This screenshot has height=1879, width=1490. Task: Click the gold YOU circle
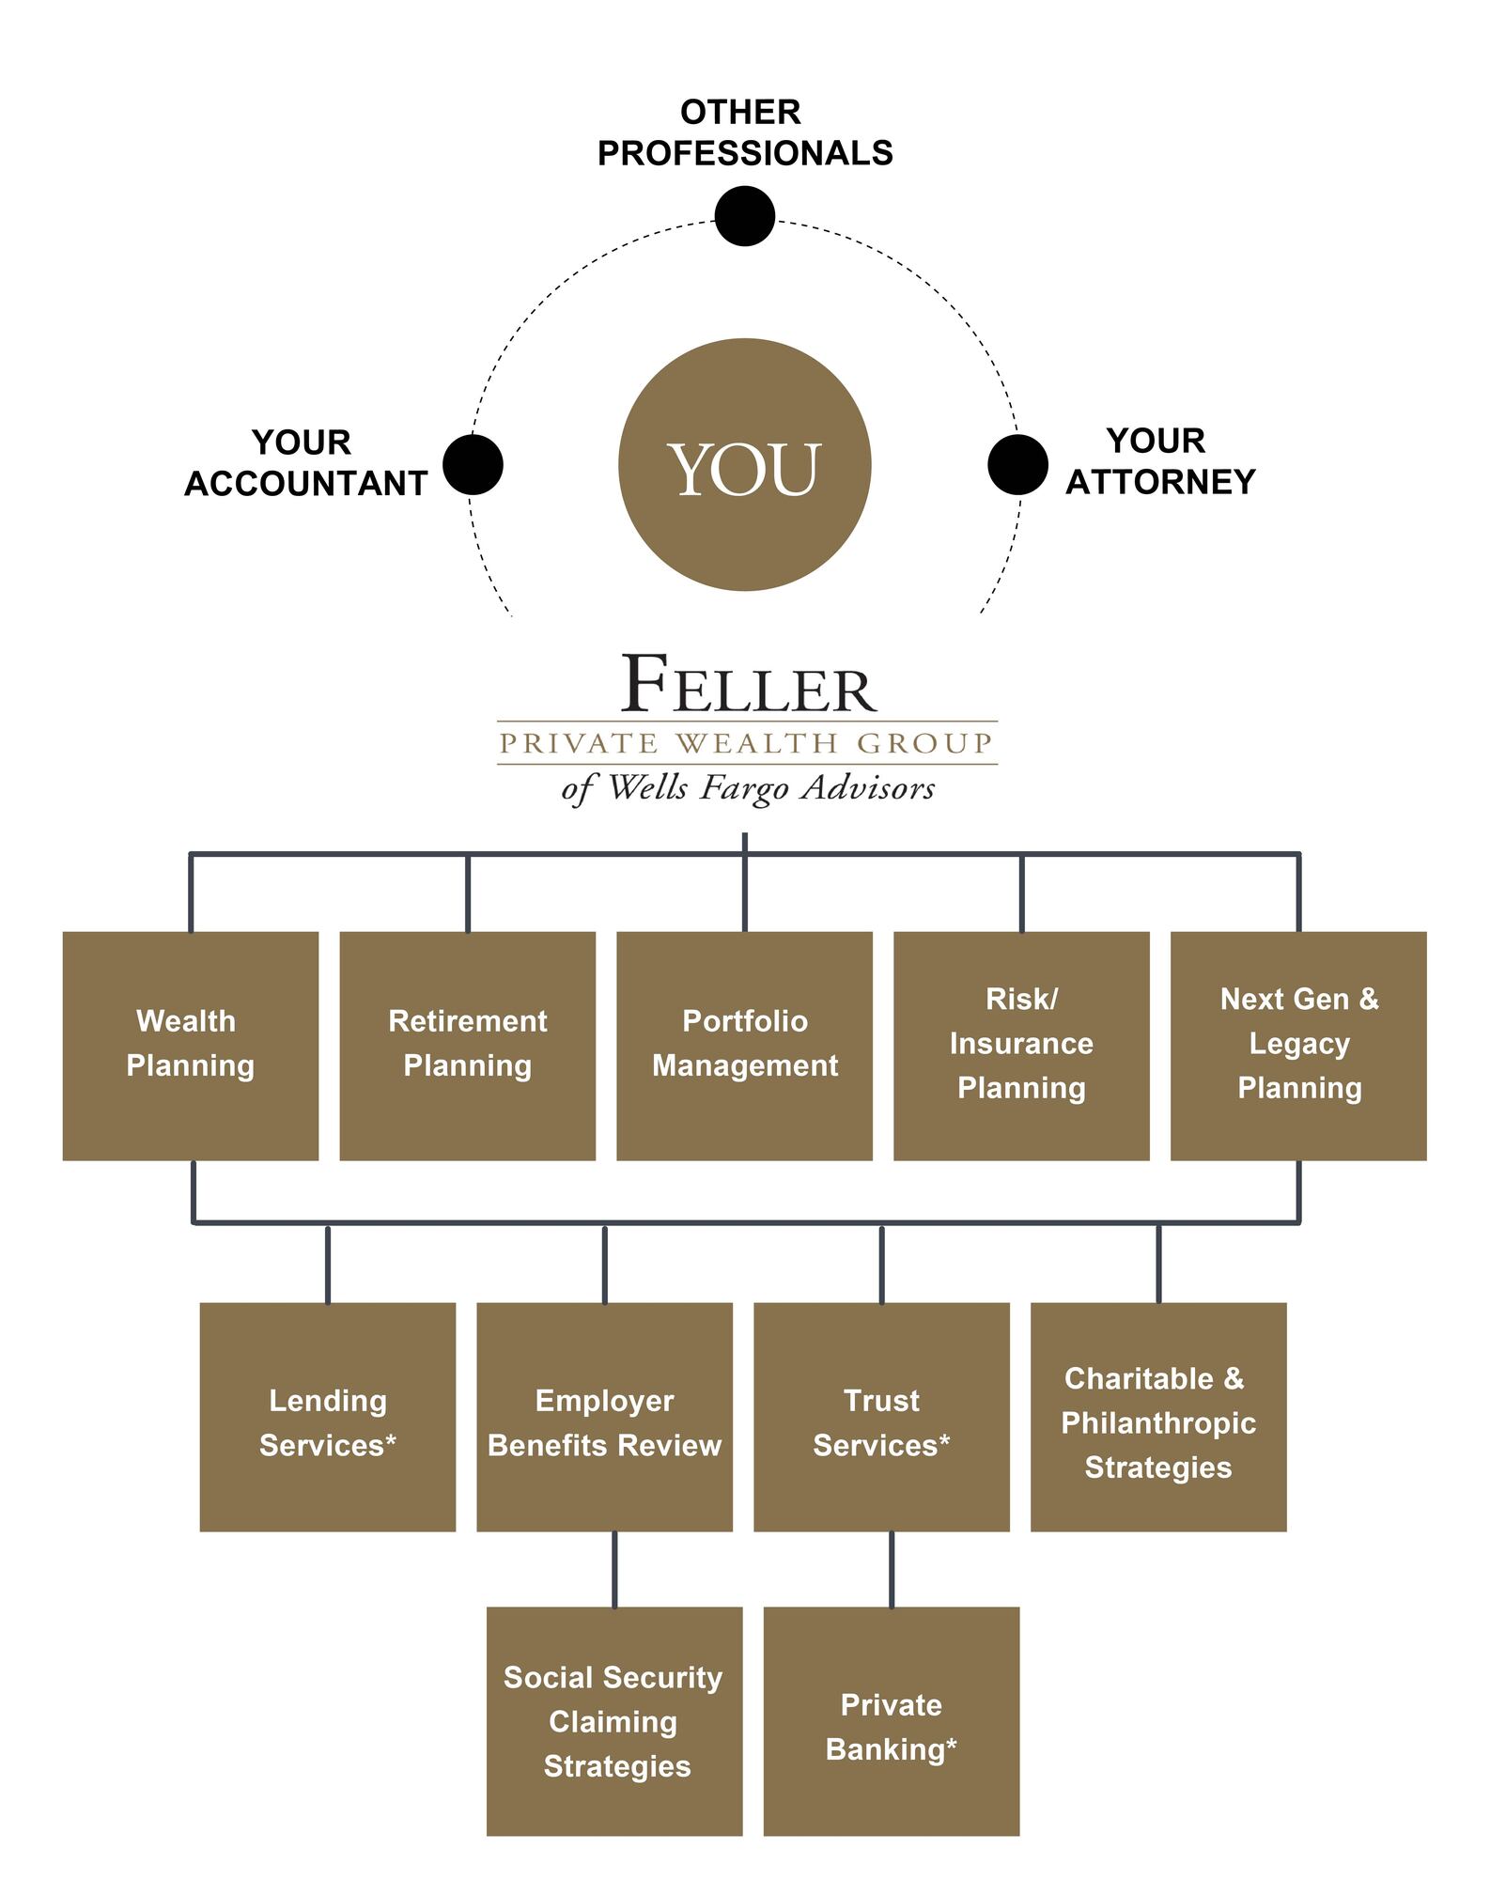coord(744,465)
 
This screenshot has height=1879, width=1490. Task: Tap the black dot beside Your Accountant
coord(473,464)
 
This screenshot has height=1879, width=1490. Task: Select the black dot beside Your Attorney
coord(1017,464)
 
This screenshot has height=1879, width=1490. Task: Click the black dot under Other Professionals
coord(744,216)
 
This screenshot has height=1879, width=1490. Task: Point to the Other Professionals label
coord(744,132)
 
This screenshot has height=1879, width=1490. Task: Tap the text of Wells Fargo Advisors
coord(748,787)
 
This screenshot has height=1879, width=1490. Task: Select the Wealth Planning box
coord(191,1045)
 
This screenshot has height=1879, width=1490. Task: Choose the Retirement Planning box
coord(467,1045)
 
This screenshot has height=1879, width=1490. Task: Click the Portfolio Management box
coord(744,1045)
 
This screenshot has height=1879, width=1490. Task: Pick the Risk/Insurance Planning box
coord(1021,1045)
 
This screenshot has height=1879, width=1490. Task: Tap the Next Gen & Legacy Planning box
coord(1298,1045)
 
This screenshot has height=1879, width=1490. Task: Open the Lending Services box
coord(328,1416)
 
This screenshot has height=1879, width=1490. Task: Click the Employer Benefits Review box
coord(604,1416)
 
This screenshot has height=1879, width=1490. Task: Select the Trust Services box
coord(881,1416)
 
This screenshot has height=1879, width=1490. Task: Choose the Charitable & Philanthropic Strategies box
coord(1158,1416)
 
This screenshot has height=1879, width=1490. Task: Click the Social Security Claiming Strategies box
coord(614,1720)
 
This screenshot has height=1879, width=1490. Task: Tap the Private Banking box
coord(891,1720)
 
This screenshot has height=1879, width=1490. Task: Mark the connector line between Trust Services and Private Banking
coord(891,1568)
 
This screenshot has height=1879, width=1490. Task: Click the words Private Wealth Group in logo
coord(746,743)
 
